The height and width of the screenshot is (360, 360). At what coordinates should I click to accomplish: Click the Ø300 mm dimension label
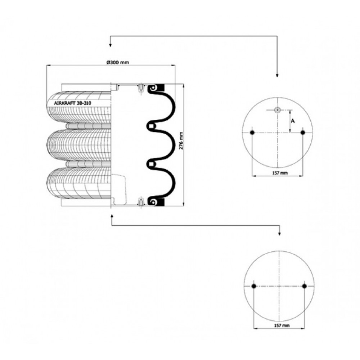(x=118, y=62)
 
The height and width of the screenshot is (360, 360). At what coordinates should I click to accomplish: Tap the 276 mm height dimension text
(x=181, y=141)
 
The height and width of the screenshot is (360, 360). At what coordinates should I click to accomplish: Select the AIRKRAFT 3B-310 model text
(x=73, y=103)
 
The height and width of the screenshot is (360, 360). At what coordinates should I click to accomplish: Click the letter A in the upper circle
(x=293, y=121)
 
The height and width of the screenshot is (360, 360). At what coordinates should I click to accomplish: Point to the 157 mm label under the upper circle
(x=280, y=173)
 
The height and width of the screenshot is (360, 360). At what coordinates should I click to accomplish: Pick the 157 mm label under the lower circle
(x=282, y=325)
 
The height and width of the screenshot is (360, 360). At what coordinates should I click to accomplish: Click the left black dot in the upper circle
(x=252, y=132)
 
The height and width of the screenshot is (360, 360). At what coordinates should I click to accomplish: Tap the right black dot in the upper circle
(x=303, y=132)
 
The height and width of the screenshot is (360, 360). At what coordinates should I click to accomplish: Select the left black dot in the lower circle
(x=254, y=286)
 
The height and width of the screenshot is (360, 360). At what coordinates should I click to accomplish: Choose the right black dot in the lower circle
(x=305, y=286)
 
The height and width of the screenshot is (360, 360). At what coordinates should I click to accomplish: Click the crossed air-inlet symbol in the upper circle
(x=278, y=110)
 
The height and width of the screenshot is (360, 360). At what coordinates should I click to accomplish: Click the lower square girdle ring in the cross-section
(x=151, y=164)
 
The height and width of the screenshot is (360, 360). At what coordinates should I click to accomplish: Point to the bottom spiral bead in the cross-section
(x=153, y=202)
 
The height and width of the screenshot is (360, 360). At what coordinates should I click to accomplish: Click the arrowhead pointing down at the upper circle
(x=277, y=75)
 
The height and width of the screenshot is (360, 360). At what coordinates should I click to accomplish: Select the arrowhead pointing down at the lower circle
(x=279, y=234)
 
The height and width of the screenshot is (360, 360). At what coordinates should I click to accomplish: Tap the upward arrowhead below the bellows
(x=112, y=216)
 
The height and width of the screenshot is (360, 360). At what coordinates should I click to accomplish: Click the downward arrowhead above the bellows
(x=110, y=45)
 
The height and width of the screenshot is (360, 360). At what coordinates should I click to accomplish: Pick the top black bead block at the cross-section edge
(x=161, y=87)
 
